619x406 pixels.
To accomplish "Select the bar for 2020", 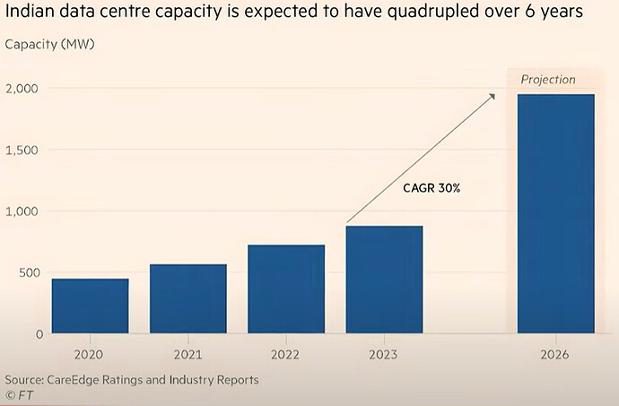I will pos(90,307).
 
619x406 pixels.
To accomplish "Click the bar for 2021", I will pos(187,299).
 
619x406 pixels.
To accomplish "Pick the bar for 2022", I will pos(286,289).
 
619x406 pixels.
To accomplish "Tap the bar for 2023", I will pos(384,280).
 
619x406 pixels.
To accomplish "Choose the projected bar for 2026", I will pos(556,214).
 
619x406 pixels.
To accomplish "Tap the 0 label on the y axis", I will pos(40,333).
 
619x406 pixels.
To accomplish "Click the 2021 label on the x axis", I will pos(187,353).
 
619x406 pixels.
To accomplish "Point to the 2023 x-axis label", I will pos(384,353).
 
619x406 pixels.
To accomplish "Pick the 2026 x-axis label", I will pos(556,353).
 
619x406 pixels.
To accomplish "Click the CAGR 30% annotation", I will pos(432,189).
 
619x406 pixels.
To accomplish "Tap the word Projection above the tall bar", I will pos(548,80).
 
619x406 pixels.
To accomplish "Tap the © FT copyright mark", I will pos(16,394).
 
